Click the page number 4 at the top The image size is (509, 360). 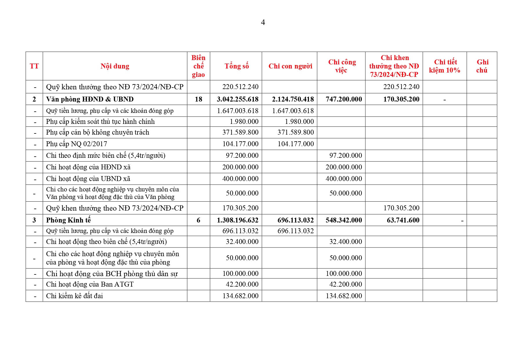pos(263,22)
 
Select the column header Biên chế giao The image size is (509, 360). pos(198,66)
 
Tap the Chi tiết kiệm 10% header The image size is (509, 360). pos(445,66)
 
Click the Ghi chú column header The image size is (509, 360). pos(482,66)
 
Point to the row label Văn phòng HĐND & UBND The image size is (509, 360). pos(90,99)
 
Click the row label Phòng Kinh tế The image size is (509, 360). pos(68,220)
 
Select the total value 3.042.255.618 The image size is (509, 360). pos(238,99)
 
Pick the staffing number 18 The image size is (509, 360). pos(198,99)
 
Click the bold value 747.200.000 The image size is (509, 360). pos(344,99)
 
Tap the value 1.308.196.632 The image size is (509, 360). pos(238,220)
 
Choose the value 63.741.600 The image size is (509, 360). pos(403,220)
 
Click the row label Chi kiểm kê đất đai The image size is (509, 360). pos(75,296)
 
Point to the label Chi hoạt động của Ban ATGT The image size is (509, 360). pos(90,284)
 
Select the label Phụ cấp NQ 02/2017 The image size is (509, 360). pos(77,144)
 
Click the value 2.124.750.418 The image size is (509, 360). pos(293,99)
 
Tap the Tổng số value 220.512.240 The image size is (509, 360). pos(240,87)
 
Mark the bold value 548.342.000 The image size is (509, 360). pos(344,220)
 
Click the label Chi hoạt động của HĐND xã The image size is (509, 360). pos(88,167)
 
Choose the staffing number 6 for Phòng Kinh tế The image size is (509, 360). pos(198,220)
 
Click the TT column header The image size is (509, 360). pos(34,66)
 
